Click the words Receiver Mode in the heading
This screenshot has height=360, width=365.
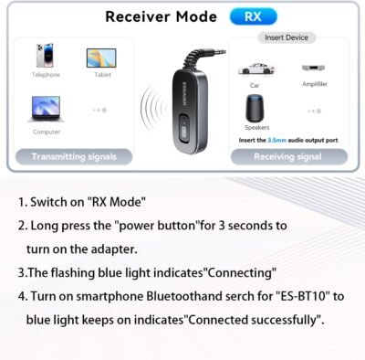point(161,16)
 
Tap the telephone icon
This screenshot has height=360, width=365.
point(43,57)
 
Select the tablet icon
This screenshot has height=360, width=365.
point(101,58)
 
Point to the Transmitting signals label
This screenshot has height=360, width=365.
point(74,156)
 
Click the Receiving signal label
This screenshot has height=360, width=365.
point(288,156)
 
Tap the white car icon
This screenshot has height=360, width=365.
point(255,69)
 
